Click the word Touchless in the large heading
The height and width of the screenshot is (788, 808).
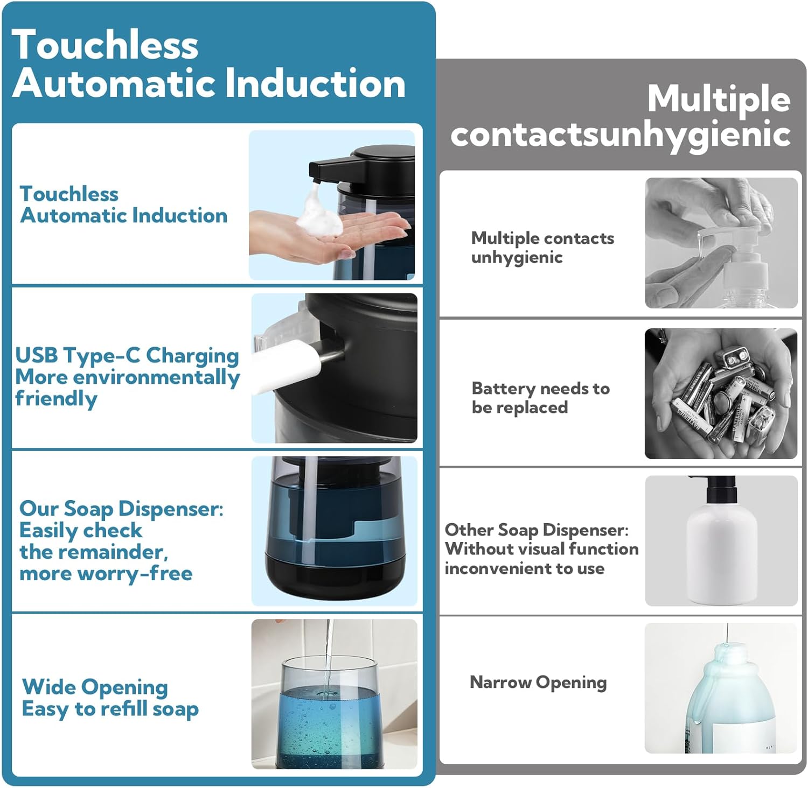tap(105, 45)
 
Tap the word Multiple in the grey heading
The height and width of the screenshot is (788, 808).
tap(719, 100)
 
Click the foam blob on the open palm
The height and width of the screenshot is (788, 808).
tap(319, 215)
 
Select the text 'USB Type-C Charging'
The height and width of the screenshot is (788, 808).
tap(127, 356)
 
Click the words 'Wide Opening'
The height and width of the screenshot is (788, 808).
tap(95, 687)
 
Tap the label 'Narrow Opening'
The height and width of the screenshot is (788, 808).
tap(538, 683)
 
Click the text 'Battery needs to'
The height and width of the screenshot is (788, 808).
tap(540, 389)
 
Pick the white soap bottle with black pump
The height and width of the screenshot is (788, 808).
tap(721, 544)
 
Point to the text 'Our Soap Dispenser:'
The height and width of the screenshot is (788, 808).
tap(121, 509)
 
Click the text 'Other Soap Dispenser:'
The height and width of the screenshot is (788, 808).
tap(537, 530)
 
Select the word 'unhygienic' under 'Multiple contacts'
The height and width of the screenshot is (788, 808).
tap(517, 258)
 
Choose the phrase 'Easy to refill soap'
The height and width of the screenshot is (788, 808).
tap(110, 709)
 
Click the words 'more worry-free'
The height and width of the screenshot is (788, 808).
tap(106, 574)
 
